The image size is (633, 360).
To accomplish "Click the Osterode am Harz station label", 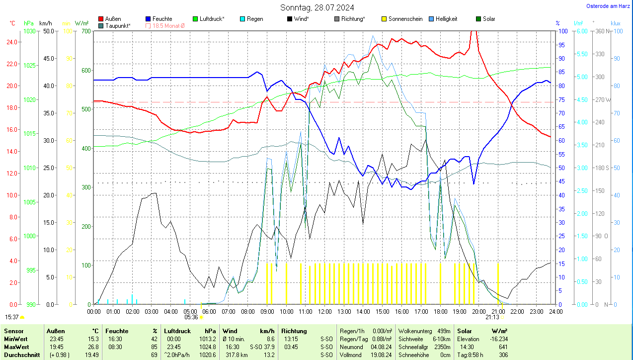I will (x=609, y=6).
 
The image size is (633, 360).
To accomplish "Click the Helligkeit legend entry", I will (x=446, y=19).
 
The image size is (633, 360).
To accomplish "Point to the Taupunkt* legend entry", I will (x=118, y=25).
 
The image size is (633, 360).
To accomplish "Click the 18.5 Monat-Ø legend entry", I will (x=168, y=25).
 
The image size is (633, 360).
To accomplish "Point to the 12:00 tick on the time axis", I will (x=324, y=311).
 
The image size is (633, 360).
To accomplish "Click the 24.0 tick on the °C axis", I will (x=12, y=42).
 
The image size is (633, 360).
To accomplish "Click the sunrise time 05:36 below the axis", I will (x=191, y=317).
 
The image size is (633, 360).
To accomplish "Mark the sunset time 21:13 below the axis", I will (x=492, y=317).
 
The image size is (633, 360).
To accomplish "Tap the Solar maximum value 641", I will (x=503, y=347).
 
